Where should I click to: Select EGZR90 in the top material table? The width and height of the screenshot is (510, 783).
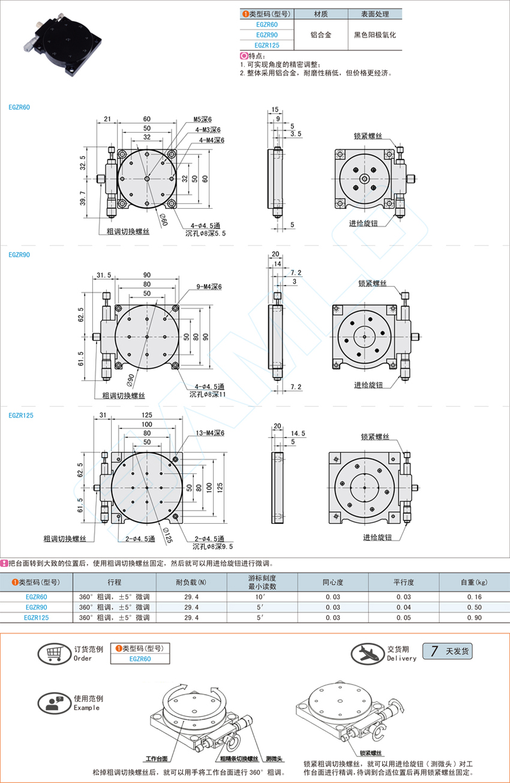coord(267,35)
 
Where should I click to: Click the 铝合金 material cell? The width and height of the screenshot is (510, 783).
coord(321,35)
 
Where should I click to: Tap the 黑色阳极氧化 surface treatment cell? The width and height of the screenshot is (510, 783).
coord(375,35)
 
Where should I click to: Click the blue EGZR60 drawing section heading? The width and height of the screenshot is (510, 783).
coord(19,107)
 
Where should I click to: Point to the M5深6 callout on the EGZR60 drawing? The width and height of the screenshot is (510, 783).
coord(203,119)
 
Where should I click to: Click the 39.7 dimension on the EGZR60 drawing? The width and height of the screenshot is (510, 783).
coord(82,198)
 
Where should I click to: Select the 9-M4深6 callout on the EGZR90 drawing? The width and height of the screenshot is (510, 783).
coord(209,287)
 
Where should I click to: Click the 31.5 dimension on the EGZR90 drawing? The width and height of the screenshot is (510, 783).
coord(104,275)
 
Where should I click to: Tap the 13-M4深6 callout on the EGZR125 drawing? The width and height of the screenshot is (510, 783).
coord(210,433)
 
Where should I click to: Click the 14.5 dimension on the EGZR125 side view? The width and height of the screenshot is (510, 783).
coord(298,433)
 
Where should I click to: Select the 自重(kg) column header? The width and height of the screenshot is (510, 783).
coord(474,582)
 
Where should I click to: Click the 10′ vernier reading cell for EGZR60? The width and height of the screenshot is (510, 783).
coord(259,596)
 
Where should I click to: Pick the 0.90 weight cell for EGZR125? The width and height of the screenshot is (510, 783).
coord(475,617)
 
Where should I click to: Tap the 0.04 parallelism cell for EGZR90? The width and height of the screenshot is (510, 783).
coord(403,607)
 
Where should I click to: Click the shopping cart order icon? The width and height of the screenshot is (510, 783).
coord(54,653)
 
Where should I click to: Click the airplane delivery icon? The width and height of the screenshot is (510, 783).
coord(367,653)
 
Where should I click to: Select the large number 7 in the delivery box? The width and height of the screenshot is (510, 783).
coord(434,651)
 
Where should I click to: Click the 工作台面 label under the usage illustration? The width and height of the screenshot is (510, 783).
coord(157,758)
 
